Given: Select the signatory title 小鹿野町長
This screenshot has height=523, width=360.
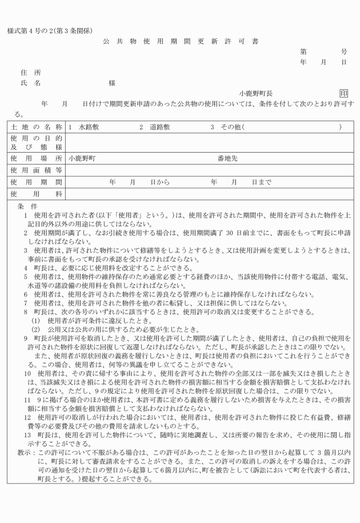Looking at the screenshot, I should [256, 93].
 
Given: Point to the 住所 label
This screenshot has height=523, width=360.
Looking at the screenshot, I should [30, 73].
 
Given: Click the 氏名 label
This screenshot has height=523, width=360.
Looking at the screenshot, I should [30, 83].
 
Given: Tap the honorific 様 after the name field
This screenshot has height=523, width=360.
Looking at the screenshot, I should [112, 83].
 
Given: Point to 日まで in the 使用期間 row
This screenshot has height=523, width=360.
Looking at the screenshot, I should [262, 182].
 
